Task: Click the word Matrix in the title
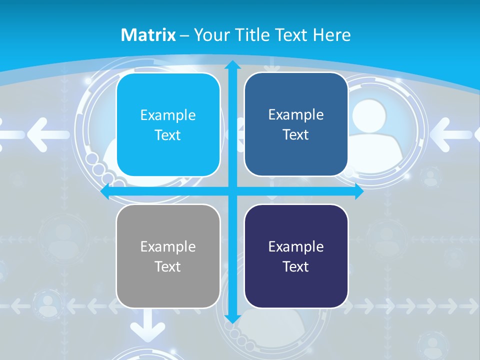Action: pos(148,35)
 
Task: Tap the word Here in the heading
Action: pos(332,35)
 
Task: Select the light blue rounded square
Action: pos(168,125)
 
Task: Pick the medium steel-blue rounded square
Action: pos(296,124)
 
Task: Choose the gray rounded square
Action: pos(168,256)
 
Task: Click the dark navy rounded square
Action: pos(296,256)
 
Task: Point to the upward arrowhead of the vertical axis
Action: pos(232,65)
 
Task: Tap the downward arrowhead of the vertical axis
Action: pos(232,319)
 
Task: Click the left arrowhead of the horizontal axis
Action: pos(105,191)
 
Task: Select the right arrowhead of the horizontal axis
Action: pos(359,191)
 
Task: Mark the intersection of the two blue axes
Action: pos(232,191)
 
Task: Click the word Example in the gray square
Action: pos(168,246)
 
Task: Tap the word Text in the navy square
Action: pos(296,266)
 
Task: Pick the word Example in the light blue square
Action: pos(168,115)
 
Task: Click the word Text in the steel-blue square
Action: pos(296,135)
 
